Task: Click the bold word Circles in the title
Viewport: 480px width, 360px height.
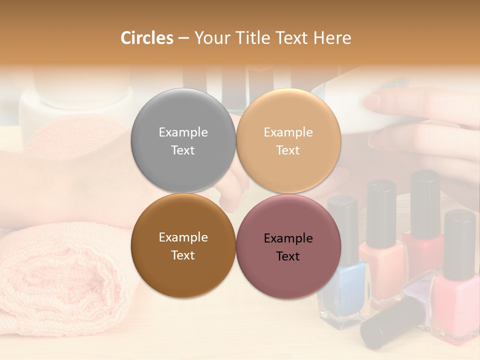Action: coord(146,37)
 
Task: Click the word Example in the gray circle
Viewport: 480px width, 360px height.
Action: coord(183,132)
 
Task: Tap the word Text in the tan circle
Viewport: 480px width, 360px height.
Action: coord(288,150)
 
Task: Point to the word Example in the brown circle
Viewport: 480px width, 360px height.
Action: coord(183,237)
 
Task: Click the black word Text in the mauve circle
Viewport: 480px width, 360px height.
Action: coord(288,256)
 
